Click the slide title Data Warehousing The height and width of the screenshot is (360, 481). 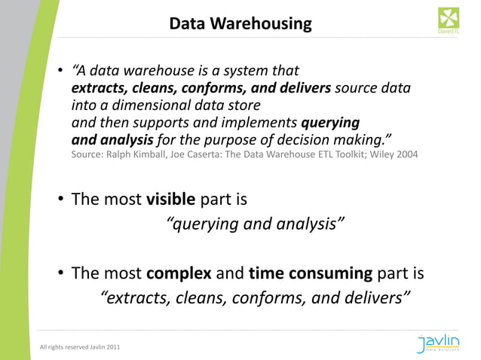240,24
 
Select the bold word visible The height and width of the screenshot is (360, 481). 171,200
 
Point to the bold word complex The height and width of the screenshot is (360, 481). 179,273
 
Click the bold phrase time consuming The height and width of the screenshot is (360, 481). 311,273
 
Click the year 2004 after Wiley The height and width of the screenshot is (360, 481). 403,155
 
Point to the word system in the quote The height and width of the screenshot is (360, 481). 247,72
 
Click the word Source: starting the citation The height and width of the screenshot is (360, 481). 88,155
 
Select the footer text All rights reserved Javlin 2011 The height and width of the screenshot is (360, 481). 80,347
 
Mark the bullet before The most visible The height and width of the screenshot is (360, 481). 60,201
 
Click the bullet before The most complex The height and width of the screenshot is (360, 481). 60,273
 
